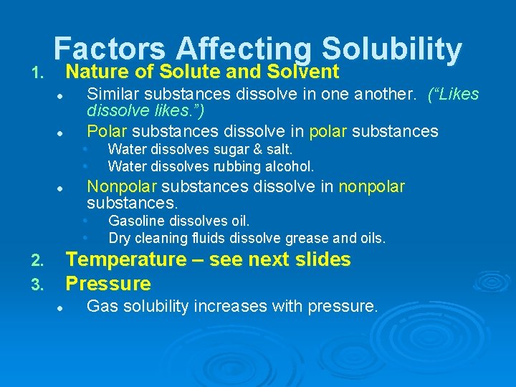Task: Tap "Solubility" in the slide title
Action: (x=391, y=49)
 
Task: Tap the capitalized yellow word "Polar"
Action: (x=107, y=130)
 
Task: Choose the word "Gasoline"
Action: (x=135, y=221)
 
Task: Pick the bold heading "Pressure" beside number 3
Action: (x=108, y=284)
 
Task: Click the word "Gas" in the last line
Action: (x=100, y=307)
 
